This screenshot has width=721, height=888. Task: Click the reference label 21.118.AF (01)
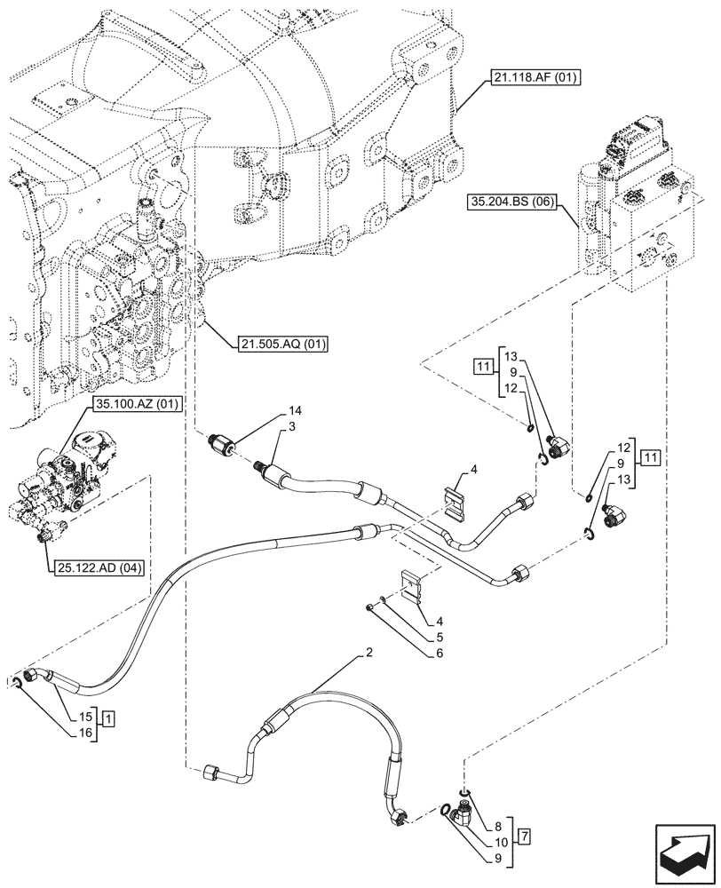532,78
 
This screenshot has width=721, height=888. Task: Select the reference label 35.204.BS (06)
509,202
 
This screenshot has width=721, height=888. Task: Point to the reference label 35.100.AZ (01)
136,403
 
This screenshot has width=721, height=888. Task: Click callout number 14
294,411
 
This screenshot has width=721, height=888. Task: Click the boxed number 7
527,834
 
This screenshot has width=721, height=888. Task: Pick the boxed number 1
107,717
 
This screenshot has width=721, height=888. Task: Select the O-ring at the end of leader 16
17,683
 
